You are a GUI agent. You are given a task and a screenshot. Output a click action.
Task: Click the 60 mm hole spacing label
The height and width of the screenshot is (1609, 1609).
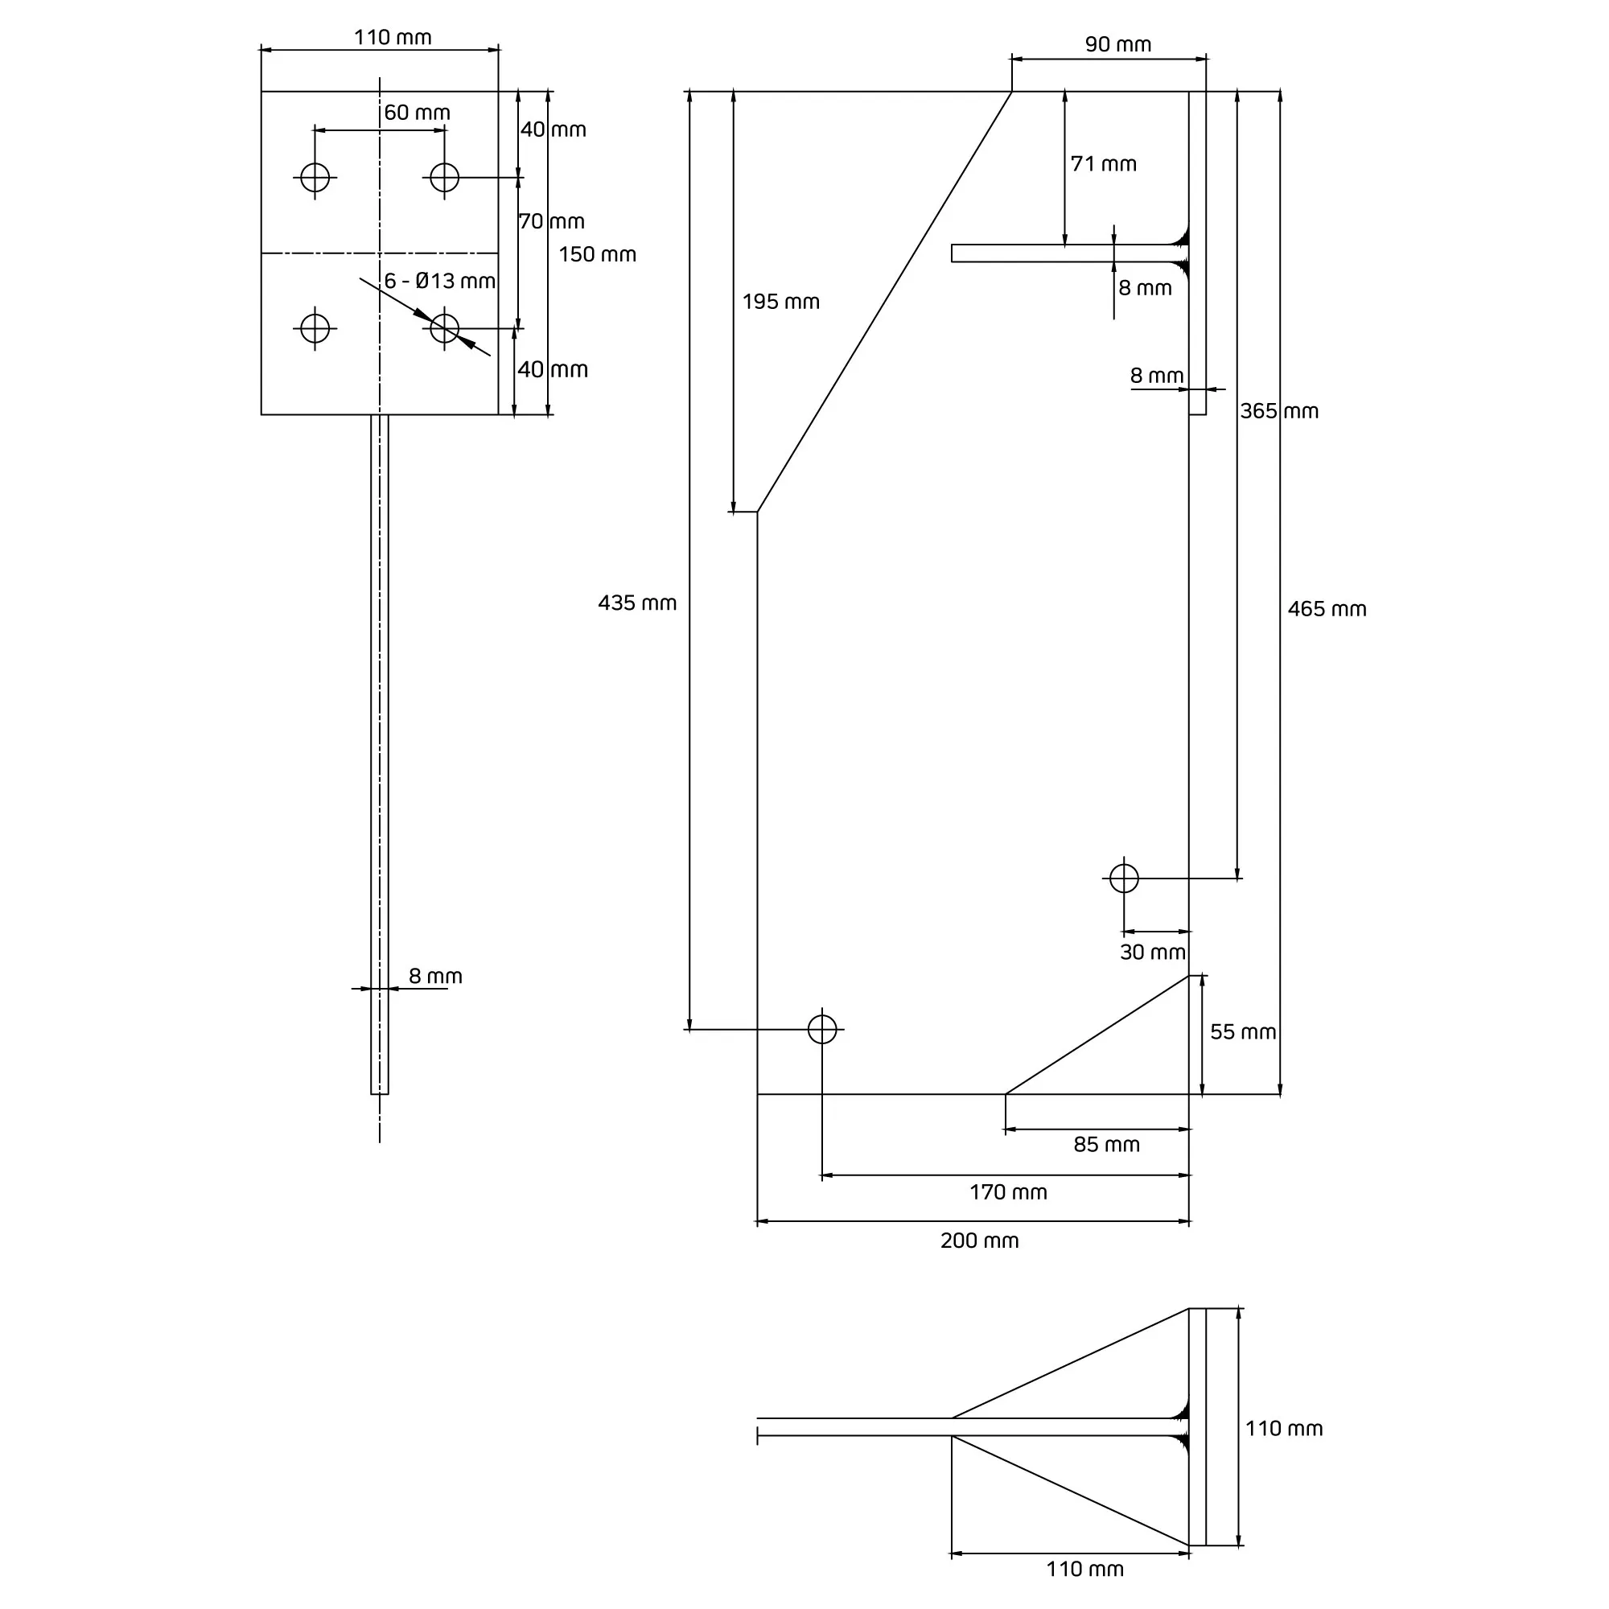417,113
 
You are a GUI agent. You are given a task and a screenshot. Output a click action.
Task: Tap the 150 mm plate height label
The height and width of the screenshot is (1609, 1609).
597,254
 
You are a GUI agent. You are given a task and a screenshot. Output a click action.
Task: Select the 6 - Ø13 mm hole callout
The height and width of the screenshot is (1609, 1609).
439,281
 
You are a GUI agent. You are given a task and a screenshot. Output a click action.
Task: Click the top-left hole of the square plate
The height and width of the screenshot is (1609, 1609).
315,177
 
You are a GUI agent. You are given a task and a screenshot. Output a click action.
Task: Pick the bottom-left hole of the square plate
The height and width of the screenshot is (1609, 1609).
315,328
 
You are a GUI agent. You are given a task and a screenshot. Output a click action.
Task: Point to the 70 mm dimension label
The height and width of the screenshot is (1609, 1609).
551,221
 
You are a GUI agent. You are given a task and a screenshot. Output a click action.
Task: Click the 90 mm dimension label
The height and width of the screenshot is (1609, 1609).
1117,44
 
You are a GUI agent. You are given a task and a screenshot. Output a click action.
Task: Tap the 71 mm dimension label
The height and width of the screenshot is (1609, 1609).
1104,164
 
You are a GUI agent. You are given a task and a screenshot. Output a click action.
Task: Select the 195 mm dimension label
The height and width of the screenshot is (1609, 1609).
780,302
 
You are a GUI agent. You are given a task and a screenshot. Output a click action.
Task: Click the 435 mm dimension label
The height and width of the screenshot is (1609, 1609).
637,603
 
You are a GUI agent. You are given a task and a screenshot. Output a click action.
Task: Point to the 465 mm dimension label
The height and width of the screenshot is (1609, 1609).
1327,609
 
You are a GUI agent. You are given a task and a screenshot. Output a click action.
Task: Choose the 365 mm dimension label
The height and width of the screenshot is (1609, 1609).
1279,410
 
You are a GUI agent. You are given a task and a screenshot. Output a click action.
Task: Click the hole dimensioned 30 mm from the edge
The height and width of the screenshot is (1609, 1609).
1125,879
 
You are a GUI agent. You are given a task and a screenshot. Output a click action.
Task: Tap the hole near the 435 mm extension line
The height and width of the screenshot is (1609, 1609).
822,1030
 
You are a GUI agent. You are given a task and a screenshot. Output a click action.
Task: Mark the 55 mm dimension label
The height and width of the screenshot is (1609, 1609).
1243,1032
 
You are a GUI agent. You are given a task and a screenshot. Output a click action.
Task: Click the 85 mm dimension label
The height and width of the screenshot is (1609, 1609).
1106,1144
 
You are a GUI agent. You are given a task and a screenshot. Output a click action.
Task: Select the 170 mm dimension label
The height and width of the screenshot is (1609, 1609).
1008,1191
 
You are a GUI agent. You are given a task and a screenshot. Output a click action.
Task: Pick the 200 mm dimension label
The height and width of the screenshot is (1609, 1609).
979,1240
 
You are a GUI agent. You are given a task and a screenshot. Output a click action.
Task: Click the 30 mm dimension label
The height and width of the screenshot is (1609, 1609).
1153,952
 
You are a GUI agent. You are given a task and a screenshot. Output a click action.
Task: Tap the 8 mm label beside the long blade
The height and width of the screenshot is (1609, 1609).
434,976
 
